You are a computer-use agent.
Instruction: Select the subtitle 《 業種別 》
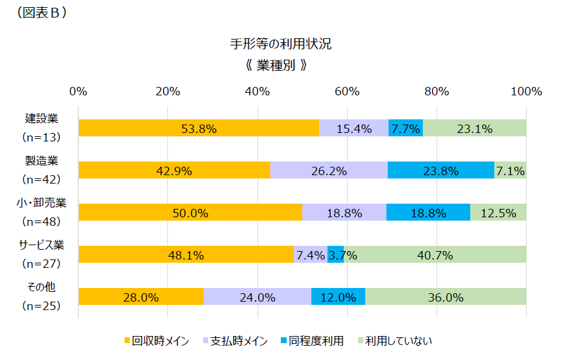(x=281, y=66)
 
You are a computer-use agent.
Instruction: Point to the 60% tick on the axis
(x=347, y=91)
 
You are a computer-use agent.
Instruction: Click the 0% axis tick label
(x=78, y=91)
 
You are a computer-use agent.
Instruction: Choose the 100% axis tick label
(x=525, y=91)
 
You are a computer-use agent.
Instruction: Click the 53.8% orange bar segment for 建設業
(x=198, y=128)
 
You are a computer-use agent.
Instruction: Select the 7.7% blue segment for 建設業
(x=405, y=128)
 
